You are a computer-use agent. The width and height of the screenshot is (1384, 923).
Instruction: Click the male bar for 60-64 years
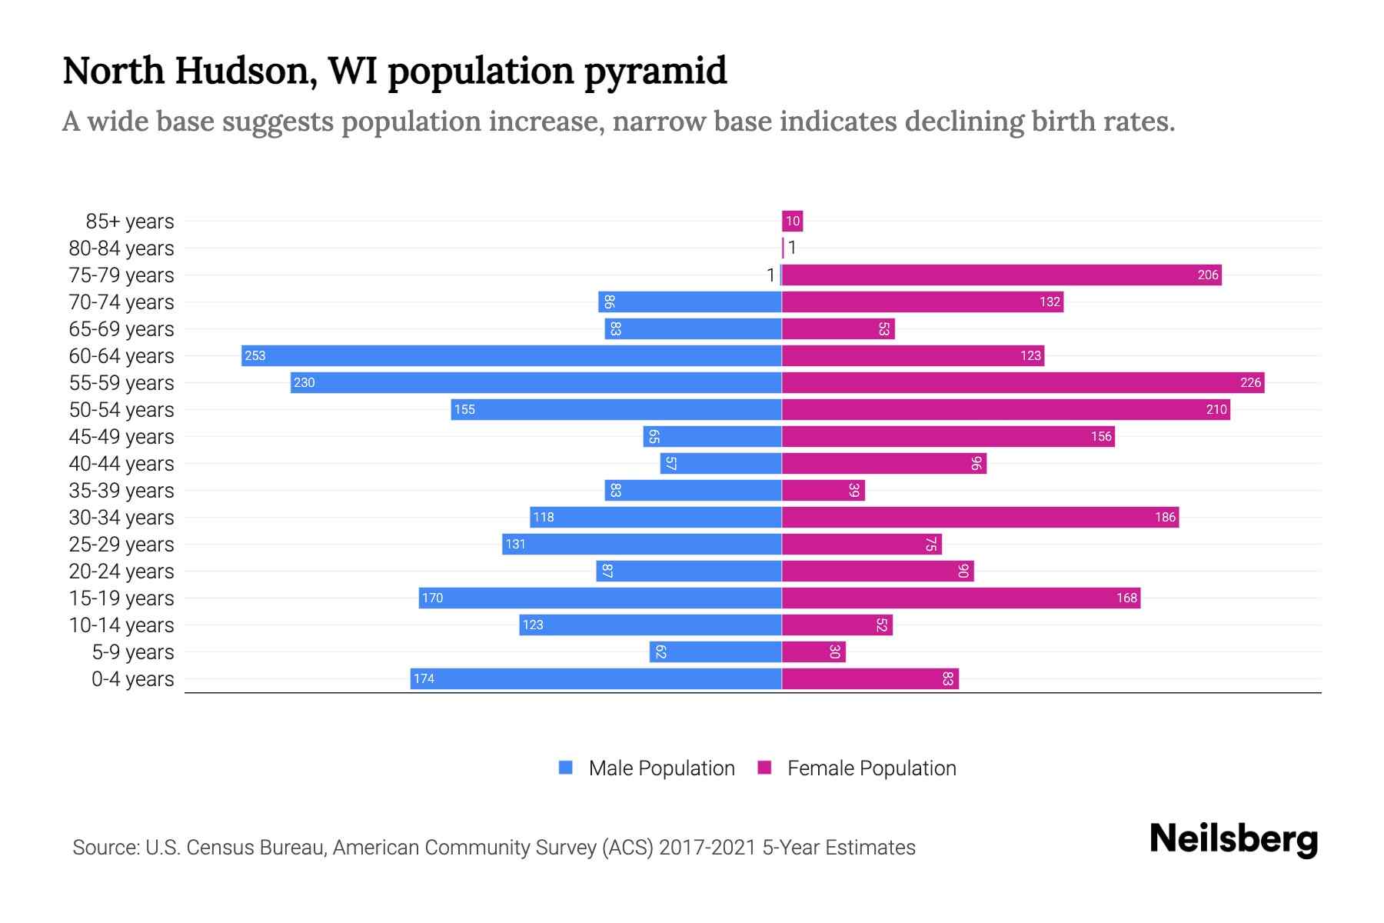511,355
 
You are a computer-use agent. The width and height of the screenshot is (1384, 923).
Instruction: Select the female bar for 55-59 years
1023,382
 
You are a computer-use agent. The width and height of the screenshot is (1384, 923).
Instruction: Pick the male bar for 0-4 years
596,678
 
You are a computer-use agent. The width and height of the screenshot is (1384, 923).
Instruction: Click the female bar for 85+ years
792,221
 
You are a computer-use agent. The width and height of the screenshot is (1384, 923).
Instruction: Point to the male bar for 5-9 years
715,651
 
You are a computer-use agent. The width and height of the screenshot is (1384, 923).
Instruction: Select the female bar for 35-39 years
823,490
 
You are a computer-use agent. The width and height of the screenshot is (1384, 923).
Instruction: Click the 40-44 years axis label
121,464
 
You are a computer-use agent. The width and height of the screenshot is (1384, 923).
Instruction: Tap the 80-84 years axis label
121,248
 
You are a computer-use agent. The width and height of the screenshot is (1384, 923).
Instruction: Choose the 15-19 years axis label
121,598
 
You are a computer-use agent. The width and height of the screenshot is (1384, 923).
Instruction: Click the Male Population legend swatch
566,768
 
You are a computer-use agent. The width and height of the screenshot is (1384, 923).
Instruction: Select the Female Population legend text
871,768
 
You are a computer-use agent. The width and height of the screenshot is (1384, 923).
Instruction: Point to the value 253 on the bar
255,355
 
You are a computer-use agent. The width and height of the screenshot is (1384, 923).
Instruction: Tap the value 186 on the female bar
1165,517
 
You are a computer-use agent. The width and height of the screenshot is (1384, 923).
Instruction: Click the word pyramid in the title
655,72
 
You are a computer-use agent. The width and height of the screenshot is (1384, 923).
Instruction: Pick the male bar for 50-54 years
616,409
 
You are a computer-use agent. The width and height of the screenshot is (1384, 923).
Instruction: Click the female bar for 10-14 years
837,625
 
